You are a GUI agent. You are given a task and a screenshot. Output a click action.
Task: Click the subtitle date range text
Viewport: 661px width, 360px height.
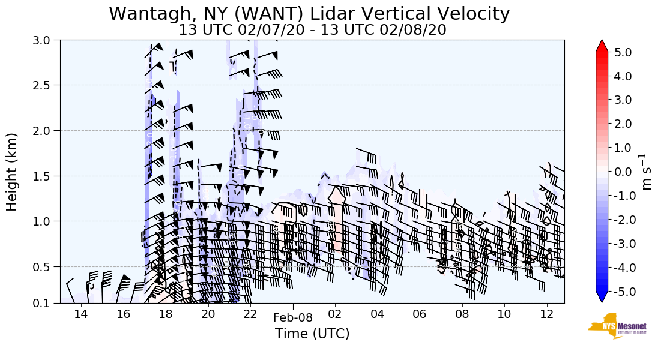point(312,29)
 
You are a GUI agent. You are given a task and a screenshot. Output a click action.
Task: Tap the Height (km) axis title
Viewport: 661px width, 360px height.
point(13,172)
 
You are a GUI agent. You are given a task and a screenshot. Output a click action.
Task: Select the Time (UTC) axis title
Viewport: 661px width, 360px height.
point(312,334)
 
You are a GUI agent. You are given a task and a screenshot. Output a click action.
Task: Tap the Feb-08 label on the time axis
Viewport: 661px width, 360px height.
point(292,318)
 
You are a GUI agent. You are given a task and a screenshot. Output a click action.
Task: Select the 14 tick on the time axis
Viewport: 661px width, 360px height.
point(81,315)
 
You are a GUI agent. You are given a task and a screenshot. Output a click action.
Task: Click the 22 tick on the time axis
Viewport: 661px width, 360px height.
point(250,315)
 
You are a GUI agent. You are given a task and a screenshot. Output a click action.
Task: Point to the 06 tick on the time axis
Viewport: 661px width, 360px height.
point(420,315)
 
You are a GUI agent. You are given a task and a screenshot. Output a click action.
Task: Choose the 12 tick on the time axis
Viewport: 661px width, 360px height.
point(547,315)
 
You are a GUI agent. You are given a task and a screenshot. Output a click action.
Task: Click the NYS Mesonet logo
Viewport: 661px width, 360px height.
point(614,326)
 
